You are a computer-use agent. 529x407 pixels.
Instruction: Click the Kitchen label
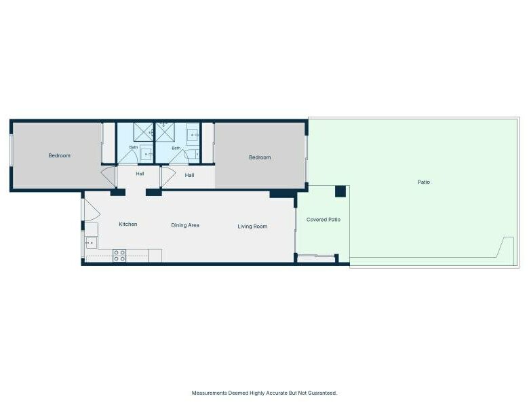[x=128, y=224]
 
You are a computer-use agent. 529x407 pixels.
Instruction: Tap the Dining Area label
[x=185, y=225]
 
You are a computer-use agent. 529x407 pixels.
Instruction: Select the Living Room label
[x=252, y=227]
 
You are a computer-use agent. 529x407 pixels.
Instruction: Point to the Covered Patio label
[x=324, y=220]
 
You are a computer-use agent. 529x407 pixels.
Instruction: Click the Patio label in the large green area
[x=424, y=182]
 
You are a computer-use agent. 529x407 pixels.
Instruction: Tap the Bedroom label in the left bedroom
[x=60, y=155]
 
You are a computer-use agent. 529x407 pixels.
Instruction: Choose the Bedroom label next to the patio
[x=260, y=157]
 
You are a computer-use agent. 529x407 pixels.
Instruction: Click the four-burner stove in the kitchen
[x=119, y=256]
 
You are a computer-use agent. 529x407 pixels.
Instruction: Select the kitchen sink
[x=91, y=243]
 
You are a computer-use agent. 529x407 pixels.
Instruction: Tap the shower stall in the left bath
[x=143, y=132]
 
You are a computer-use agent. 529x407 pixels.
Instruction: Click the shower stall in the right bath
[x=165, y=132]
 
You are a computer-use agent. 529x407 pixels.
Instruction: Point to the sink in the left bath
[x=146, y=154]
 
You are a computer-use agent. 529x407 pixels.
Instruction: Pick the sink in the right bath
[x=193, y=135]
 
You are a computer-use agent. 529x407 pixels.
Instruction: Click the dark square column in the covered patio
[x=340, y=191]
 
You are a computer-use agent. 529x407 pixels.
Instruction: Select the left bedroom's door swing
[x=109, y=176]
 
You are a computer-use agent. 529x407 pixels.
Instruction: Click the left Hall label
[x=140, y=174]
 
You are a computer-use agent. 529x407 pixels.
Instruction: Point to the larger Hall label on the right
[x=189, y=176]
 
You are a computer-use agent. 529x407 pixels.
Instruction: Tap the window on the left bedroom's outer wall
[x=11, y=150]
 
